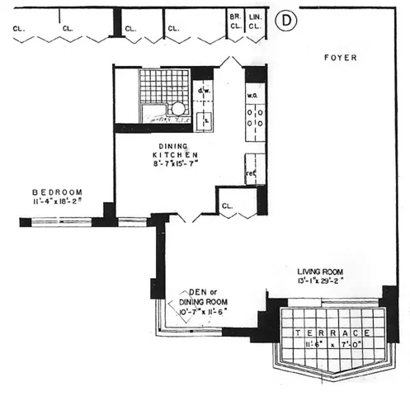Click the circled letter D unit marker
(x=285, y=20)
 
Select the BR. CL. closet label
(x=234, y=21)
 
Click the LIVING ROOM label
(x=327, y=271)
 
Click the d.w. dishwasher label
(x=204, y=92)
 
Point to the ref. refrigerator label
(x=249, y=175)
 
